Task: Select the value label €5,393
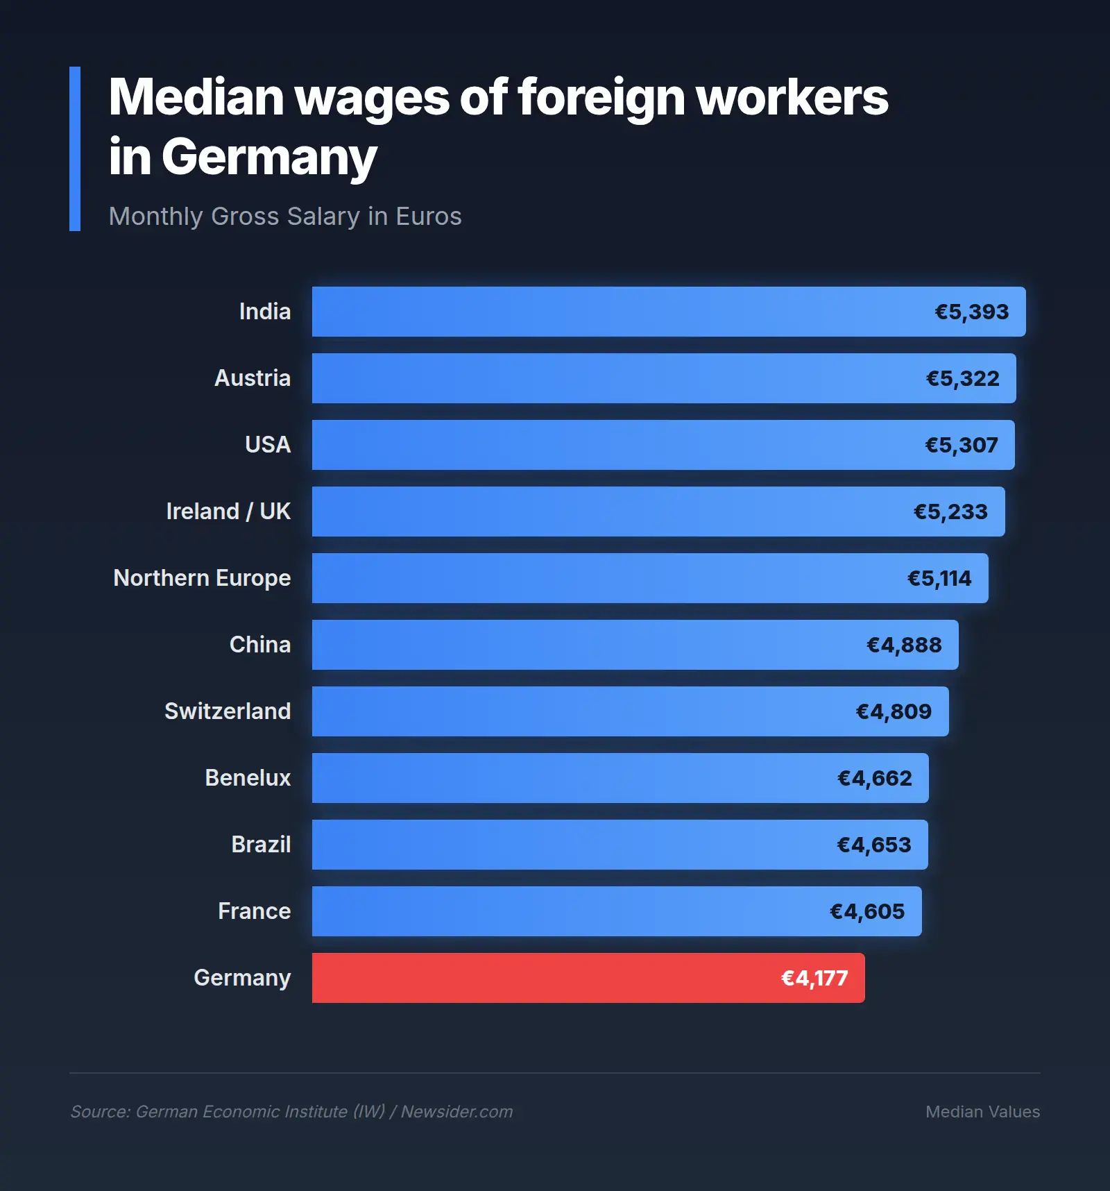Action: [x=971, y=312]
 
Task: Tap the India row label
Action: [x=264, y=312]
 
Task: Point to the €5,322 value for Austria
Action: [x=962, y=379]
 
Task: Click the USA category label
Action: [x=268, y=445]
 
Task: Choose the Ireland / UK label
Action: [x=228, y=512]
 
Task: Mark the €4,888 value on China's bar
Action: [x=904, y=645]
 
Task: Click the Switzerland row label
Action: [x=228, y=711]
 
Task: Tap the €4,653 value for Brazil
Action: [x=873, y=845]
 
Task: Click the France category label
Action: [x=254, y=911]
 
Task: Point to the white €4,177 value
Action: [x=814, y=979]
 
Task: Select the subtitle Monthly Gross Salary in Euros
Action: [x=285, y=217]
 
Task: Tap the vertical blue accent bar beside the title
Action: [x=75, y=149]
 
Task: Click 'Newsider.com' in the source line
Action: [x=456, y=1112]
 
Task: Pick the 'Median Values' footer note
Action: [x=982, y=1112]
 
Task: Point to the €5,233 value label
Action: [x=950, y=512]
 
